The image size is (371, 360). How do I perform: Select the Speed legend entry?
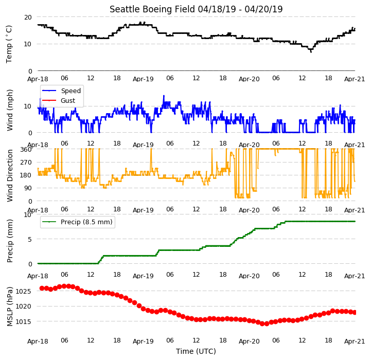pyautogui.click(x=70, y=91)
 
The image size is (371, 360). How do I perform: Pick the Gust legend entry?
pyautogui.click(x=68, y=100)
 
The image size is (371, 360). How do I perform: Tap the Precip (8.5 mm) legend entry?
pyautogui.click(x=86, y=222)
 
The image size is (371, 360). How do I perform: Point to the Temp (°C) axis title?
pyautogui.click(x=9, y=44)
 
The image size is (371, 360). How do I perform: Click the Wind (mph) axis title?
pyautogui.click(x=9, y=110)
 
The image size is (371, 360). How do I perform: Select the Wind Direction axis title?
pyautogui.click(x=9, y=175)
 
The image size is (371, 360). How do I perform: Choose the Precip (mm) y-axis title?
pyautogui.click(x=9, y=241)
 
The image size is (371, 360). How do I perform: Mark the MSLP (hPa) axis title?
pyautogui.click(x=9, y=307)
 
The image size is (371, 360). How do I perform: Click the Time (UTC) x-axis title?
pyautogui.click(x=196, y=351)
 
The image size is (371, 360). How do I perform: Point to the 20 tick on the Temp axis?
pyautogui.click(x=28, y=17)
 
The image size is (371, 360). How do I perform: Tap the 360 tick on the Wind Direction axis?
pyautogui.click(x=26, y=150)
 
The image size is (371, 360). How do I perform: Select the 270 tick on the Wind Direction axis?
pyautogui.click(x=26, y=163)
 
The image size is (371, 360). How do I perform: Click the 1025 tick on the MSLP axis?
pyautogui.click(x=23, y=291)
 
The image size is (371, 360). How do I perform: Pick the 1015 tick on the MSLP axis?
pyautogui.click(x=23, y=322)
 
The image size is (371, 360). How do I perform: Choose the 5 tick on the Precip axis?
pyautogui.click(x=30, y=239)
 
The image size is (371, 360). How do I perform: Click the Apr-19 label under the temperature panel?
pyautogui.click(x=143, y=79)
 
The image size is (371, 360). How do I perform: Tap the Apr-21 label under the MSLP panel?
pyautogui.click(x=355, y=341)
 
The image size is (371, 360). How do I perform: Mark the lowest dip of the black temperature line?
pyautogui.click(x=311, y=51)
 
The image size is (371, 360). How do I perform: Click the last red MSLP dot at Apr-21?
pyautogui.click(x=355, y=313)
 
